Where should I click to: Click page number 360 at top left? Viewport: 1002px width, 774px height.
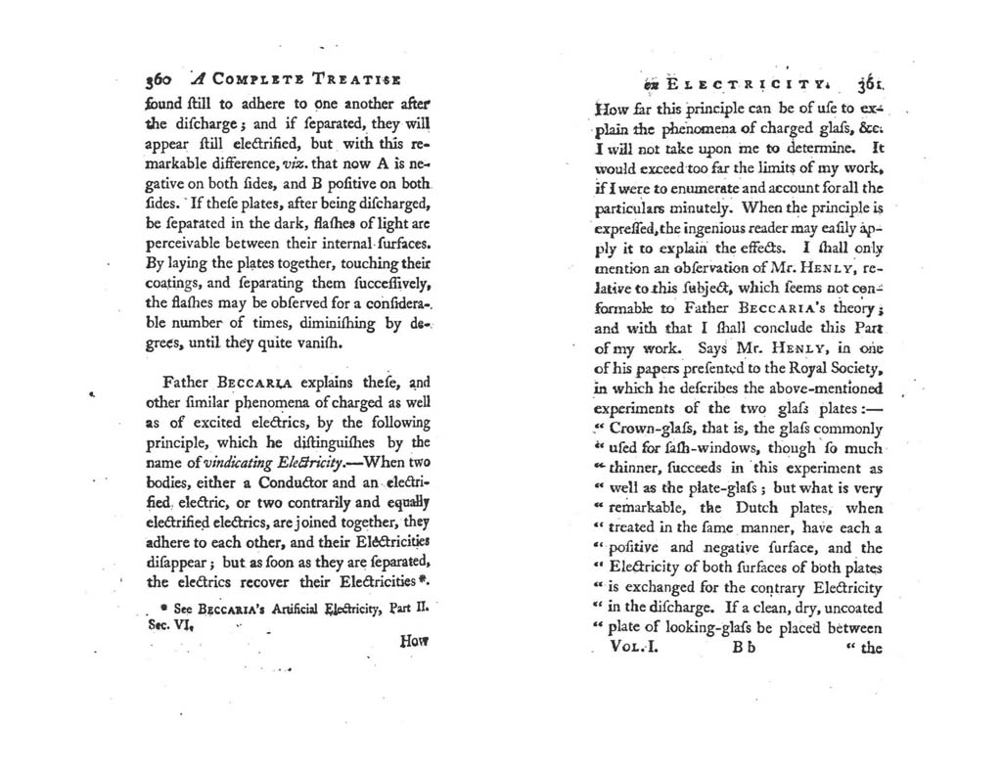click(x=158, y=82)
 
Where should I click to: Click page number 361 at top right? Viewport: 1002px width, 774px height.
click(x=868, y=83)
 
